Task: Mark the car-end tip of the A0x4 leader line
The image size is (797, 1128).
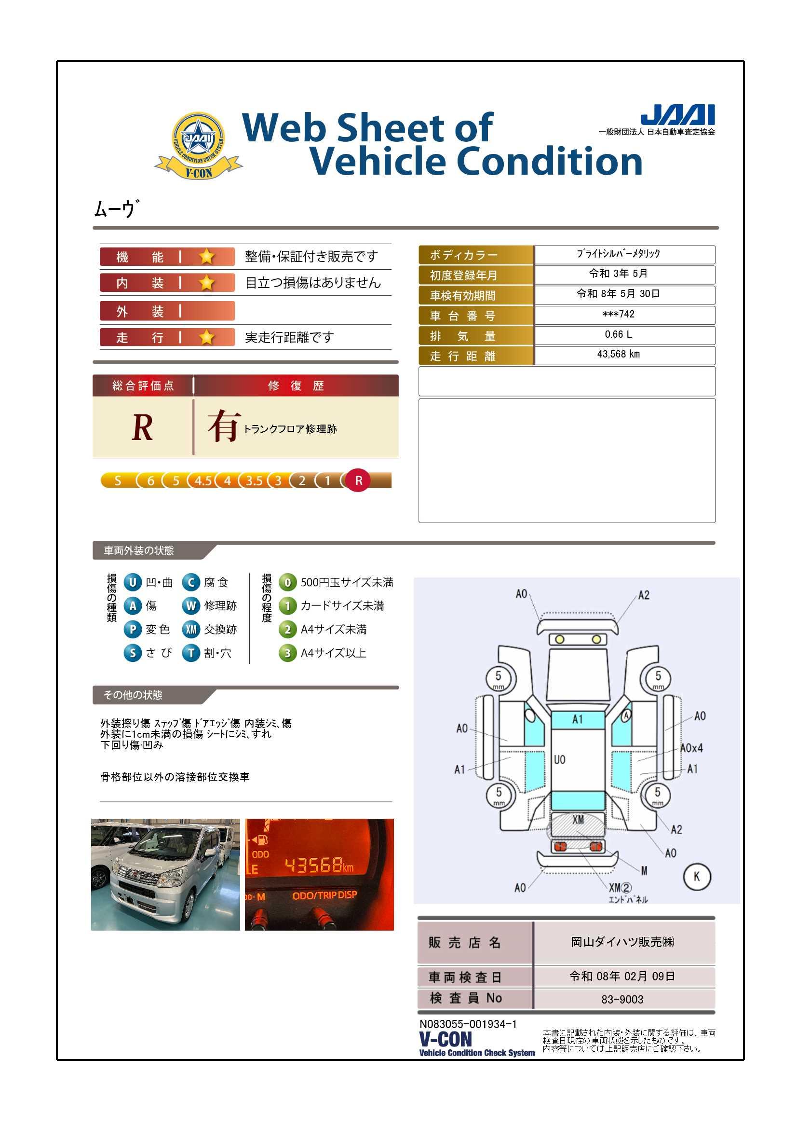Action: pyautogui.click(x=638, y=761)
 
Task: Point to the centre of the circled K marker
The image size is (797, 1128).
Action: pyautogui.click(x=696, y=876)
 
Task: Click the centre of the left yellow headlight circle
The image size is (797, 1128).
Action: pyautogui.click(x=559, y=639)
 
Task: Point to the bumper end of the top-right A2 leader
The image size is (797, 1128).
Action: pyautogui.click(x=617, y=622)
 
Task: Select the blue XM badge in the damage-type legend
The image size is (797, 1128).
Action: pyautogui.click(x=190, y=629)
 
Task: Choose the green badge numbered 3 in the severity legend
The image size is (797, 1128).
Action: pyautogui.click(x=287, y=653)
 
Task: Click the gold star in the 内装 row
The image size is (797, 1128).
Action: pyautogui.click(x=207, y=283)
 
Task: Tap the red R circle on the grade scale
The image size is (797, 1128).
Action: pyautogui.click(x=358, y=480)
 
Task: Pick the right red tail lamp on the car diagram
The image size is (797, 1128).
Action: pyautogui.click(x=595, y=846)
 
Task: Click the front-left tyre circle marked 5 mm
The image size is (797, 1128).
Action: pyautogui.click(x=498, y=678)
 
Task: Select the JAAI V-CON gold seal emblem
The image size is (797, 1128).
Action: pyautogui.click(x=198, y=145)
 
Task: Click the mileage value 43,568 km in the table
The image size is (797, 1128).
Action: pyautogui.click(x=618, y=354)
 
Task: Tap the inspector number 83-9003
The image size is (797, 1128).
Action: pyautogui.click(x=622, y=999)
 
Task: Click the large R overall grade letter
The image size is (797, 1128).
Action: pyautogui.click(x=142, y=427)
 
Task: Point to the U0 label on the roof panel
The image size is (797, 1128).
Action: pyautogui.click(x=560, y=759)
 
